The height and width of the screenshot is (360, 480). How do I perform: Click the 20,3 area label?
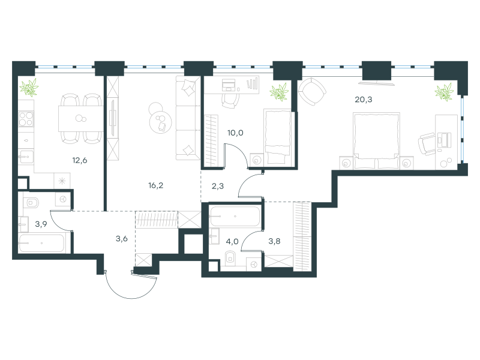coord(364,100)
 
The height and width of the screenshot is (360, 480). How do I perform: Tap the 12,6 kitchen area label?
coord(80,160)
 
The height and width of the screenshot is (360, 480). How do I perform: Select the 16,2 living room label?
coord(155,185)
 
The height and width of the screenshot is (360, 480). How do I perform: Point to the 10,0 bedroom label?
coord(235,133)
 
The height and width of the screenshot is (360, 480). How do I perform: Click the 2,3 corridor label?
coord(218,186)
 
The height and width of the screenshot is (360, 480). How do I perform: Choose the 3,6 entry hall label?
coord(122,238)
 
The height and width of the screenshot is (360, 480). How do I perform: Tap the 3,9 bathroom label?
coord(41,224)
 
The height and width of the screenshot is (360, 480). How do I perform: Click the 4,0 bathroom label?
coord(232,242)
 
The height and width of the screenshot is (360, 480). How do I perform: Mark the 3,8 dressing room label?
coord(274,241)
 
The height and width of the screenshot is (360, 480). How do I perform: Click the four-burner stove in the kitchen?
coord(26,119)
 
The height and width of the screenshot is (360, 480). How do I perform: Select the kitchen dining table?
coord(81,118)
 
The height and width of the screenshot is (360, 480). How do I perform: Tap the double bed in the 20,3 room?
coord(377,140)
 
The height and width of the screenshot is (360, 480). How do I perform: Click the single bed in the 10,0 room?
coord(278,137)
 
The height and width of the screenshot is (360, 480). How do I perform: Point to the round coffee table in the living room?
coord(160,122)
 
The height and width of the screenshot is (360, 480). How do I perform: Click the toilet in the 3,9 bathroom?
coord(31,202)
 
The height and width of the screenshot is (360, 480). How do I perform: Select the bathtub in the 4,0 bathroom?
coord(235,217)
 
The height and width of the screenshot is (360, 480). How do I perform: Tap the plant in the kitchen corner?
coord(29,87)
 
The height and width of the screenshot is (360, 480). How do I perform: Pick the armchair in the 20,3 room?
coord(312,92)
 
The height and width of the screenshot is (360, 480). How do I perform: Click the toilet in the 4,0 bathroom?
coord(230,258)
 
